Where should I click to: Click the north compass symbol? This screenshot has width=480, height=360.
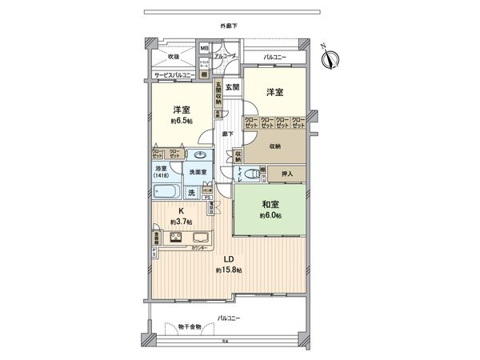[x=330, y=57]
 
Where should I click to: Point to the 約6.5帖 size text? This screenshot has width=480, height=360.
[x=181, y=121]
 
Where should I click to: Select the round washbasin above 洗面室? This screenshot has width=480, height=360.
[x=199, y=155]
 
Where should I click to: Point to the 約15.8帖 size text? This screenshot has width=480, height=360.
[x=227, y=271]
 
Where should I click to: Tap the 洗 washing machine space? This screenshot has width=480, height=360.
[x=192, y=193]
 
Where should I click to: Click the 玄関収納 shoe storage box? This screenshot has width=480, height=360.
[x=217, y=94]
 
